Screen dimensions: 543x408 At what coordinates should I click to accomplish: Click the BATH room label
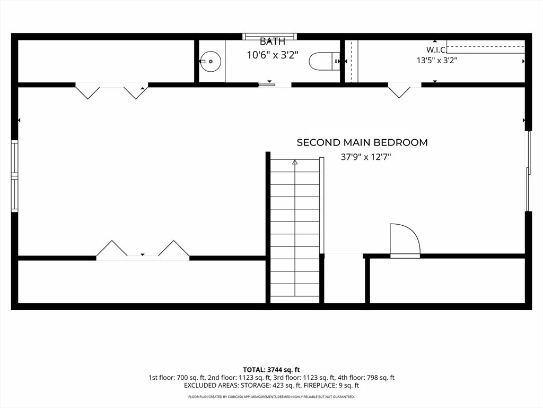tap(273, 41)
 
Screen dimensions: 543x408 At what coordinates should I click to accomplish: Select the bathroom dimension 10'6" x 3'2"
tap(273, 55)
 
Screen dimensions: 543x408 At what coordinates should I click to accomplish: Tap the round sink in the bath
tap(211, 62)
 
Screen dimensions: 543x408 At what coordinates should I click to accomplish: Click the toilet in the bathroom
tap(325, 61)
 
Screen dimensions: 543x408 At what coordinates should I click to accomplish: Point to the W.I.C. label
tap(436, 49)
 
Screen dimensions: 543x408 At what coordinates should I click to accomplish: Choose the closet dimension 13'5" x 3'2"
tap(437, 61)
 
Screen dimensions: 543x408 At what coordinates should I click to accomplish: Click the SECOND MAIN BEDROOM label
tap(362, 142)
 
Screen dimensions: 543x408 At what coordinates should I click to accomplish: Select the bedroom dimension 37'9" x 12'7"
tap(366, 157)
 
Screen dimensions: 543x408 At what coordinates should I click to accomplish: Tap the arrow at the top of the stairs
tap(295, 161)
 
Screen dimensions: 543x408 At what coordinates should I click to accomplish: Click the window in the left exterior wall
tap(14, 176)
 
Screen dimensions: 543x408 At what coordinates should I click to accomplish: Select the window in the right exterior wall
tap(529, 171)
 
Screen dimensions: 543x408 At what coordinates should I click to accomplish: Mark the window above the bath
tap(270, 37)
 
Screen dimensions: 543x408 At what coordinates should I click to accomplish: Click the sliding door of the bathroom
tap(267, 84)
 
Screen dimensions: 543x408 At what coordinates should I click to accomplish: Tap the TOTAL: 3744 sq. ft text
tap(271, 370)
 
